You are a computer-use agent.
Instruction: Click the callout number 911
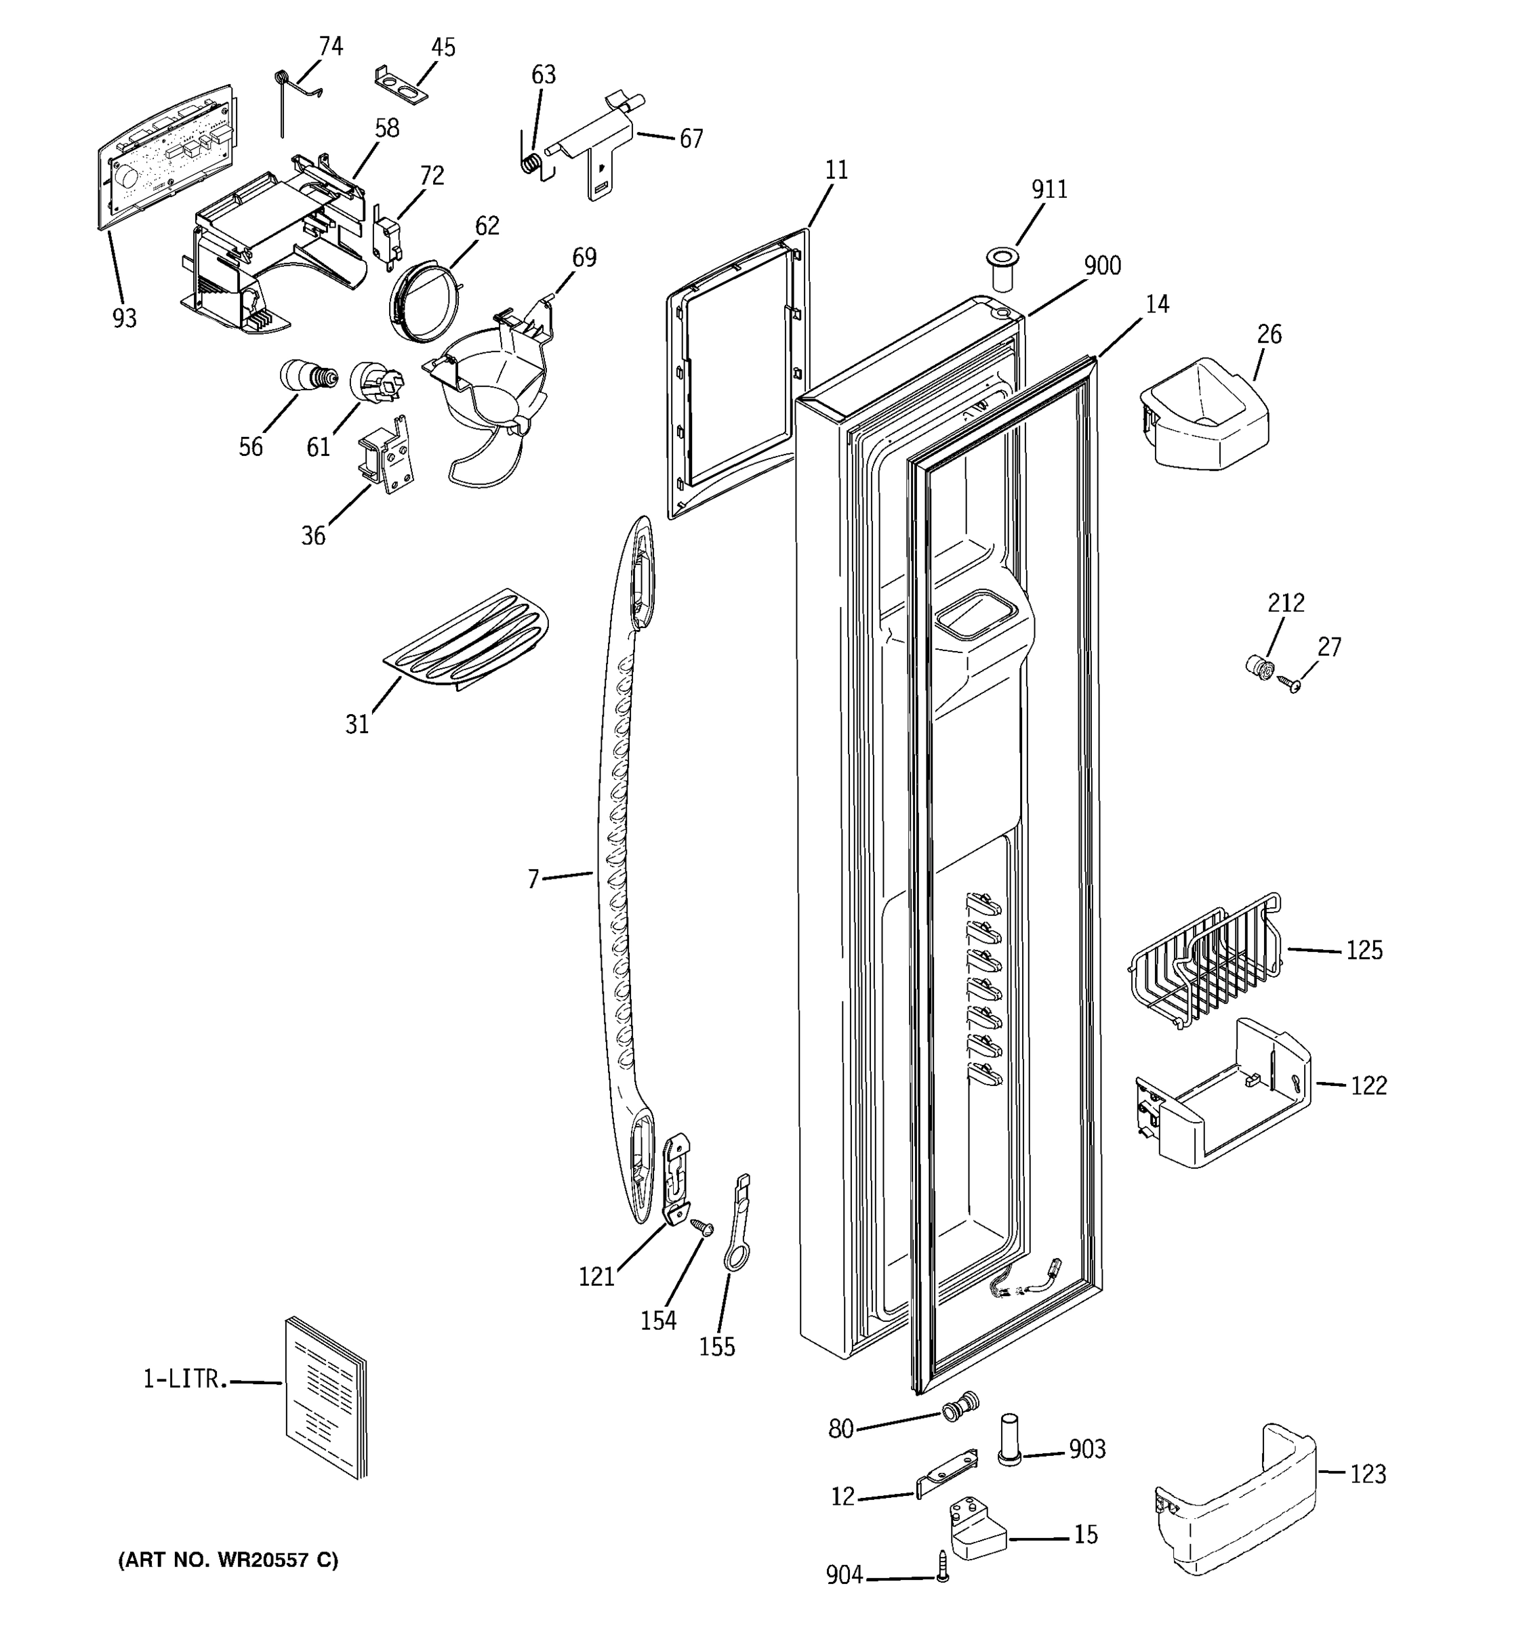click(x=1049, y=190)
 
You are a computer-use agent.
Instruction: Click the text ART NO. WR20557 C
click(x=228, y=1560)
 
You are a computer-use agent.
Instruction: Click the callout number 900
click(x=1102, y=266)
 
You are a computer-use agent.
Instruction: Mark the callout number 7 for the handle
click(x=533, y=879)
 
